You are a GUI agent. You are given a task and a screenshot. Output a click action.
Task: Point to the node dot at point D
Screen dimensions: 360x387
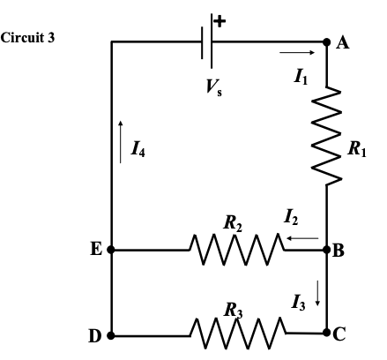pyautogui.click(x=112, y=336)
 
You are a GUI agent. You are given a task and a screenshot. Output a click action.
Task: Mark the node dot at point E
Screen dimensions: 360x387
pyautogui.click(x=112, y=250)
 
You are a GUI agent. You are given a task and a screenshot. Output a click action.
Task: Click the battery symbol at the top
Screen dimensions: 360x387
pyautogui.click(x=209, y=41)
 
